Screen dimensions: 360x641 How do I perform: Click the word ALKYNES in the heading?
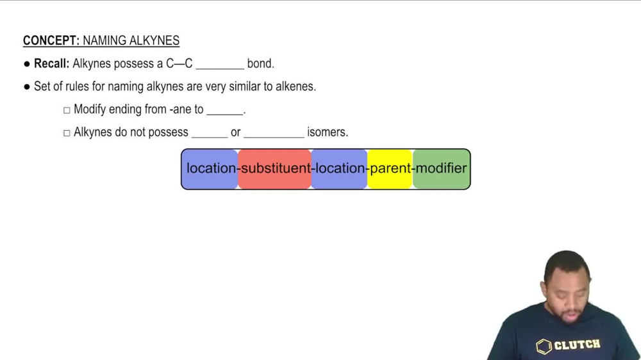(x=154, y=41)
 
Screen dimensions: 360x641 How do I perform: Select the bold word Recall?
(x=51, y=64)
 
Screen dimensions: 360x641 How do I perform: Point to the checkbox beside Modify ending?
(x=67, y=110)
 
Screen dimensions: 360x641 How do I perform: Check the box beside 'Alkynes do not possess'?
(x=67, y=133)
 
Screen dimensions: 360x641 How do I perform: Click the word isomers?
(x=327, y=133)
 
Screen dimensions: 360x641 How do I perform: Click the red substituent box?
(x=275, y=169)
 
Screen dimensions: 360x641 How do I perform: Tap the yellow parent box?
(x=390, y=169)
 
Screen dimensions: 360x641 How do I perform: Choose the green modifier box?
(x=442, y=169)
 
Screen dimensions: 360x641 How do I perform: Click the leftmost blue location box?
(x=210, y=169)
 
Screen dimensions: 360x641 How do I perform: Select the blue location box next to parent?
(x=339, y=169)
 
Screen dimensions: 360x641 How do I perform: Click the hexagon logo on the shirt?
(x=544, y=347)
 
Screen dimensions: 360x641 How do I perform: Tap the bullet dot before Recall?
(x=27, y=64)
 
